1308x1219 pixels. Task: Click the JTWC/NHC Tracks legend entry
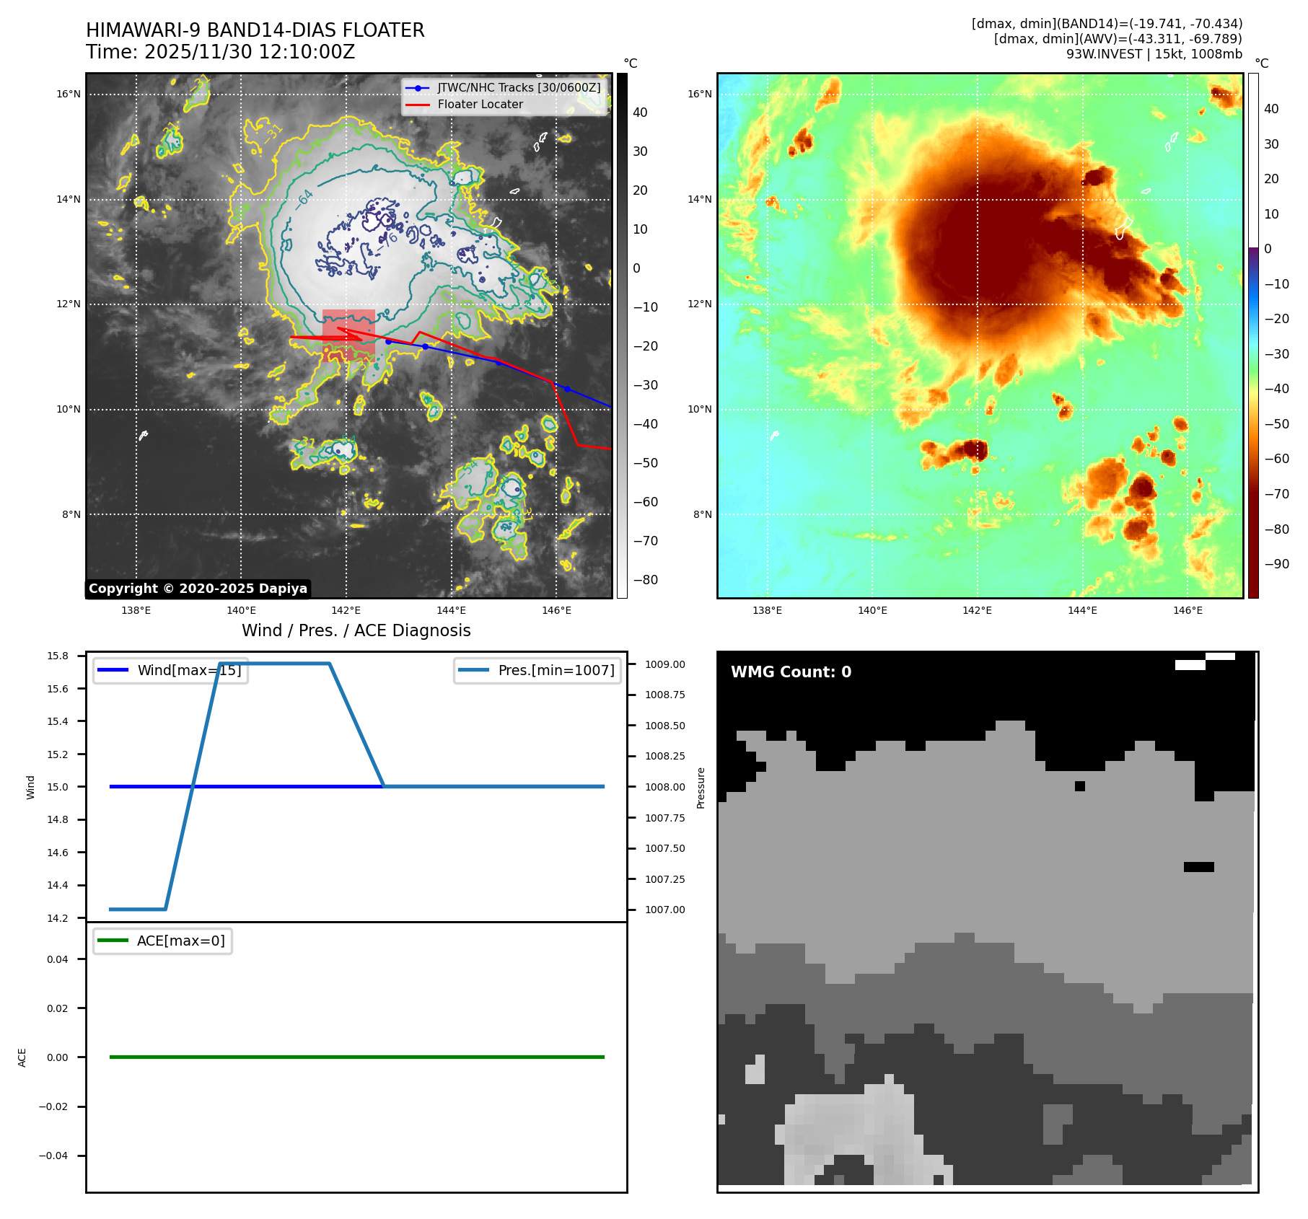coord(518,87)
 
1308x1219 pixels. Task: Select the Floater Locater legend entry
coord(480,104)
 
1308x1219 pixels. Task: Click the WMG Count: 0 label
coord(791,672)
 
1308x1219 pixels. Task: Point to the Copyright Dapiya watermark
coord(198,589)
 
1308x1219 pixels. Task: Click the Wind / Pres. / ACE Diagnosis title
coord(356,630)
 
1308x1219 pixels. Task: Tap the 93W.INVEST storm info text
coord(1154,54)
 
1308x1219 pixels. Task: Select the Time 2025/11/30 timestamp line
coord(220,52)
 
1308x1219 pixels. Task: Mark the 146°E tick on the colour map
coord(1188,610)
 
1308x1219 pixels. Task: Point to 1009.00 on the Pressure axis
coord(664,664)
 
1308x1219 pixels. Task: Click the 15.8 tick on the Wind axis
coord(58,656)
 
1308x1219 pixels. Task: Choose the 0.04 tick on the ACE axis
coord(58,959)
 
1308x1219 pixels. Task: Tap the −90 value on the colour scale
coord(1276,564)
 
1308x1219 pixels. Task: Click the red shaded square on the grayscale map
coord(348,335)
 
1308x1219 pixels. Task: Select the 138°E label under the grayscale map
coord(136,610)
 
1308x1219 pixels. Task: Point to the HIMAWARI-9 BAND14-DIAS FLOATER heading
coord(255,30)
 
